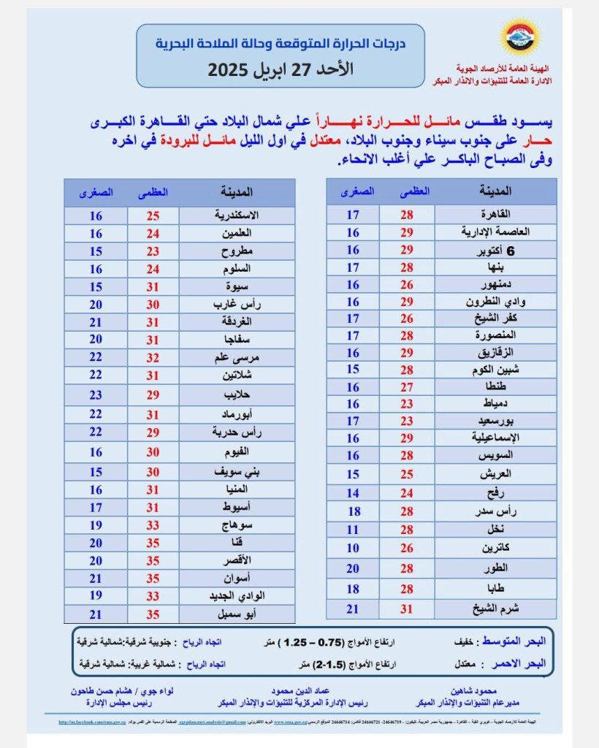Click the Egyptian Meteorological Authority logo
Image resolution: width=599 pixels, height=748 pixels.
click(x=519, y=39)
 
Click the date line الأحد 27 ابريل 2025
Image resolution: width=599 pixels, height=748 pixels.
click(x=290, y=71)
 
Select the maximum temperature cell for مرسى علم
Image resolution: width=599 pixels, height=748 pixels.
click(x=154, y=358)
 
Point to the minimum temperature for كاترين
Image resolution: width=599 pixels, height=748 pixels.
click(x=353, y=548)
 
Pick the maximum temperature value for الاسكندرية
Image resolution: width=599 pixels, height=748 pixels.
click(x=154, y=216)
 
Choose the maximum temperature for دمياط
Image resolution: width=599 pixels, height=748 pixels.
click(x=407, y=403)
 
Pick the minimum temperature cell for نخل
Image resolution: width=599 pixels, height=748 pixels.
click(x=353, y=530)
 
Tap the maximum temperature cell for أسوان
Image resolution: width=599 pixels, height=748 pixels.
click(x=154, y=578)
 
